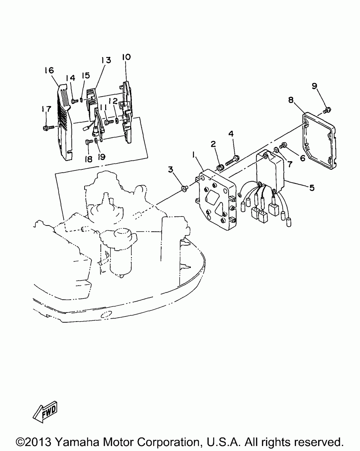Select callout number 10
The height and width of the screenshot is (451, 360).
tap(126, 57)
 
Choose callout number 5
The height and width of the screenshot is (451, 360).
tap(312, 187)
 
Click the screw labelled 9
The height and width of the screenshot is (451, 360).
tap(327, 109)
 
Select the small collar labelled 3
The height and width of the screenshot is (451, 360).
tap(185, 187)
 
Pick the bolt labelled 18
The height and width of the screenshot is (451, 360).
tap(88, 142)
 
